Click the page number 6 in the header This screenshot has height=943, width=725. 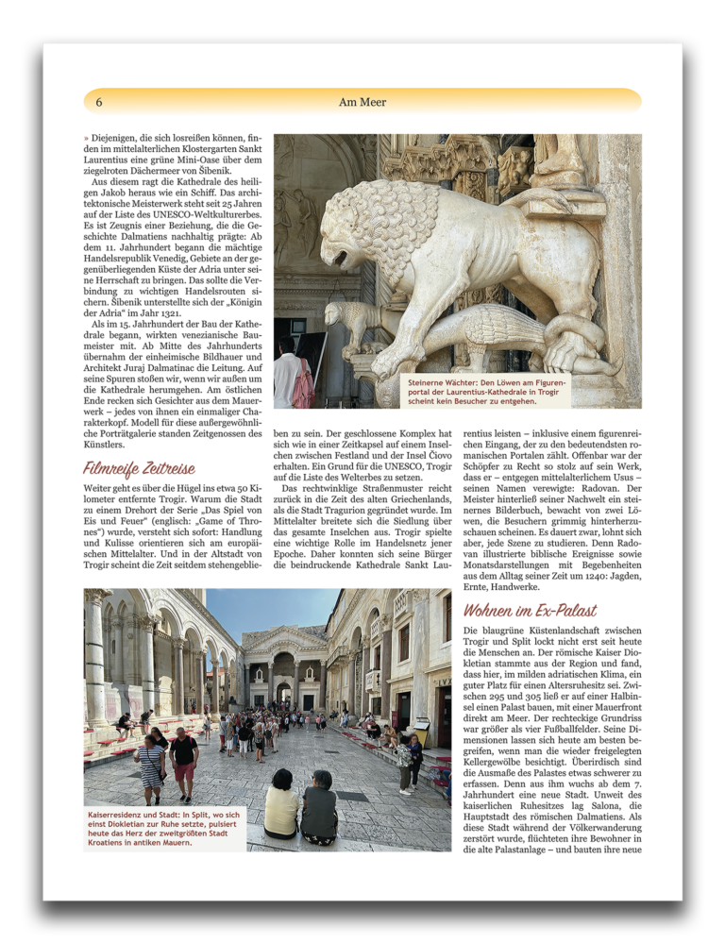click(99, 101)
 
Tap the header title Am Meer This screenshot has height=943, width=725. click(362, 101)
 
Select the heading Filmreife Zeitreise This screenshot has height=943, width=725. click(139, 468)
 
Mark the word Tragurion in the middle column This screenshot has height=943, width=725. click(366, 499)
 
